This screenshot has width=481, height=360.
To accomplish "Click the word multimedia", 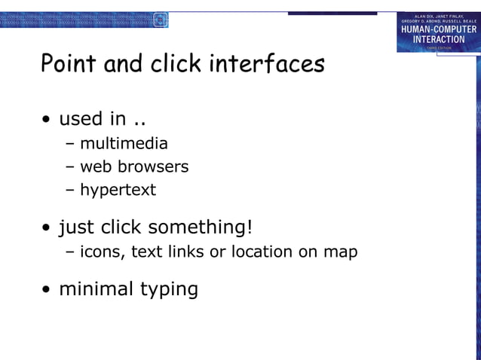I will [x=124, y=143].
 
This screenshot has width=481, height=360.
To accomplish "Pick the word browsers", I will [x=154, y=166].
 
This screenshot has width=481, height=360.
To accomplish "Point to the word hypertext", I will [x=118, y=190].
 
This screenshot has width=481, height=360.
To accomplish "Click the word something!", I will [x=200, y=227].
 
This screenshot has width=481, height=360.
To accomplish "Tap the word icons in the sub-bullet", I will [x=102, y=252].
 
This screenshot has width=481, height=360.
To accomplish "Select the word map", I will [x=340, y=252].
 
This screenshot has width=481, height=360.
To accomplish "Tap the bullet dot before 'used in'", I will [x=47, y=121].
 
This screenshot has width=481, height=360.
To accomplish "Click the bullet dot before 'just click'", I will [x=47, y=228].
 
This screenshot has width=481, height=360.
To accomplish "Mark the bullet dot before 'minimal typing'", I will [x=47, y=290].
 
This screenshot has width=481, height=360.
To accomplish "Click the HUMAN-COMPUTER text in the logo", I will [x=438, y=29].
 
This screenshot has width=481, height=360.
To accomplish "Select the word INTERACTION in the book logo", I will [x=438, y=39].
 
